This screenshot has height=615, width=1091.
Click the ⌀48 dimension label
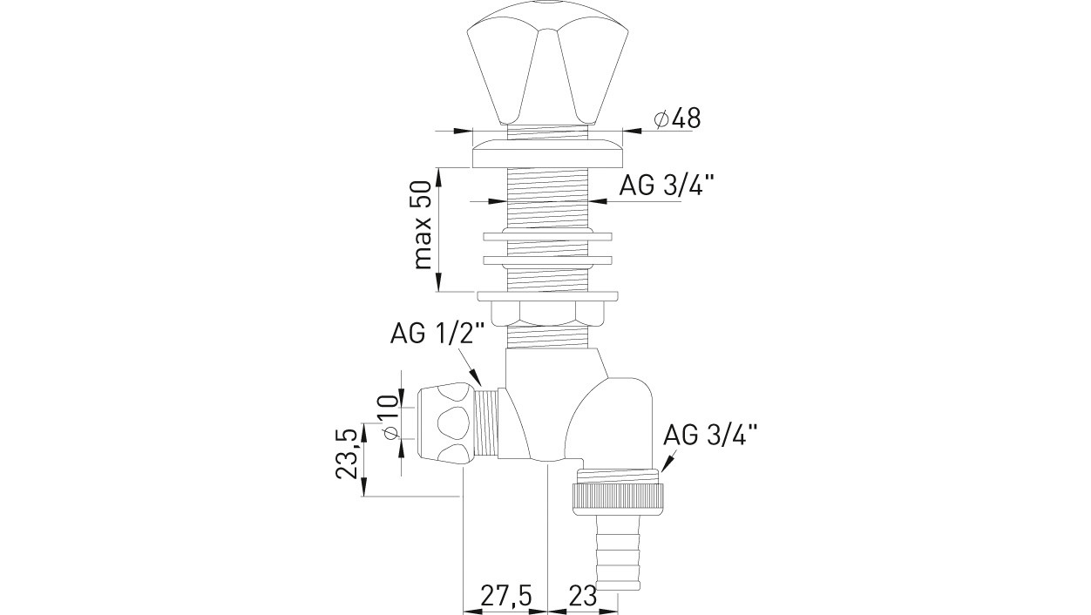pos(677,118)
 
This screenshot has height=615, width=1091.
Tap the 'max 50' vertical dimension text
pos(422,225)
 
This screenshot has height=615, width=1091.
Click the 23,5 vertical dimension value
pos(348,450)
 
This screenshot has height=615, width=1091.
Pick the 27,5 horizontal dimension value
pos(506,595)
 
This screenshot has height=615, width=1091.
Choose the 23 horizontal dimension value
pos(582,595)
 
